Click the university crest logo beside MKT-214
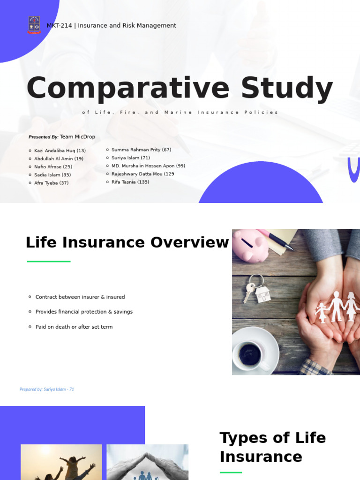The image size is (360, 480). tap(34, 25)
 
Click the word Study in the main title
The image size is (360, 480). tap(287, 89)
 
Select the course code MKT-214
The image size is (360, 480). tap(59, 26)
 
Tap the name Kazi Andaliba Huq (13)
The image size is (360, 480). tap(60, 151)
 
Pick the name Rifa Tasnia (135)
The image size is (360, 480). tap(130, 182)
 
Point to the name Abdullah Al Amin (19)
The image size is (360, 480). tap(59, 159)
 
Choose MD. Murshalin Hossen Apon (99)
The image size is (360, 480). tap(148, 166)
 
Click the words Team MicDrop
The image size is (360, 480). tap(77, 137)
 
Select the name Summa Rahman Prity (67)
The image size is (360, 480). tap(141, 150)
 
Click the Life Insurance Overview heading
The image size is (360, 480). tap(127, 243)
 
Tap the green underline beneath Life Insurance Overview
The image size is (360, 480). tap(49, 261)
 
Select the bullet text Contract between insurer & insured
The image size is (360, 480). tap(80, 297)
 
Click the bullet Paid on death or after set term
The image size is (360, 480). tap(74, 327)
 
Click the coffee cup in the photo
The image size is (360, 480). tap(253, 352)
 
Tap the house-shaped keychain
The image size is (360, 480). tap(263, 294)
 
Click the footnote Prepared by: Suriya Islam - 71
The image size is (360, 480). tap(46, 390)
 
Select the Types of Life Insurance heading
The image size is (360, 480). tap(272, 447)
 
